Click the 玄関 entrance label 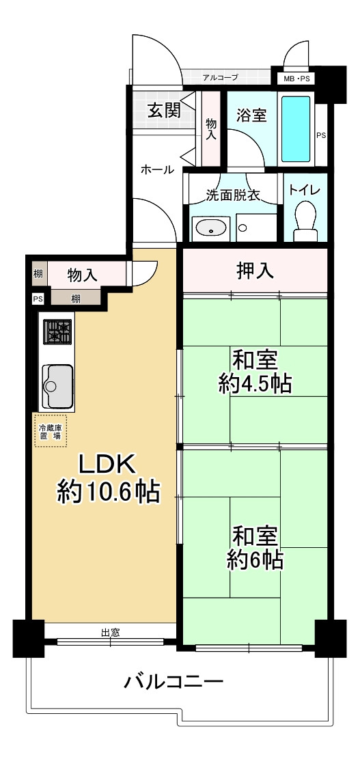tap(164, 109)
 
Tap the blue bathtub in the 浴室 tap(296, 128)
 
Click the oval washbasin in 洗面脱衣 tap(210, 228)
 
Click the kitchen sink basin tap(59, 383)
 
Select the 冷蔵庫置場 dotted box tap(52, 430)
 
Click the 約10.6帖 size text tap(109, 491)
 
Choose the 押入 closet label tap(255, 271)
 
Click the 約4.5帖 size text tap(255, 383)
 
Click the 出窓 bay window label tap(111, 633)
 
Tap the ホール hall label tap(157, 169)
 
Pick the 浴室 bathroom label tap(251, 115)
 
